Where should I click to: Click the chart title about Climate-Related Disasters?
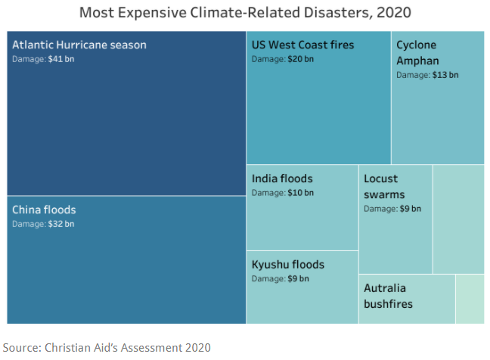click(x=245, y=13)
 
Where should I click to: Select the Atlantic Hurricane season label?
click(x=79, y=45)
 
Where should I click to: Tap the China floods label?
click(x=44, y=209)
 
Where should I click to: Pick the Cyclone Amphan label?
click(x=417, y=52)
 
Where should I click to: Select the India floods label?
click(x=282, y=178)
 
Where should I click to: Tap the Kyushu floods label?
click(x=288, y=264)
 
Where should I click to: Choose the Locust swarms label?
click(x=385, y=187)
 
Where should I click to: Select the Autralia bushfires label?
click(x=389, y=296)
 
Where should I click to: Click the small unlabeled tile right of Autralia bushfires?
click(x=470, y=299)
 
